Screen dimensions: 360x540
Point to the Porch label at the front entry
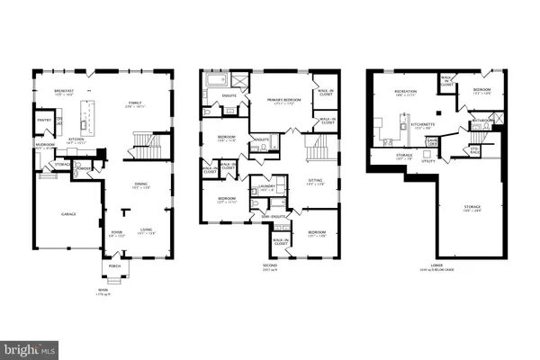[115, 265]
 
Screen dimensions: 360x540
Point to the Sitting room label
[314, 182]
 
